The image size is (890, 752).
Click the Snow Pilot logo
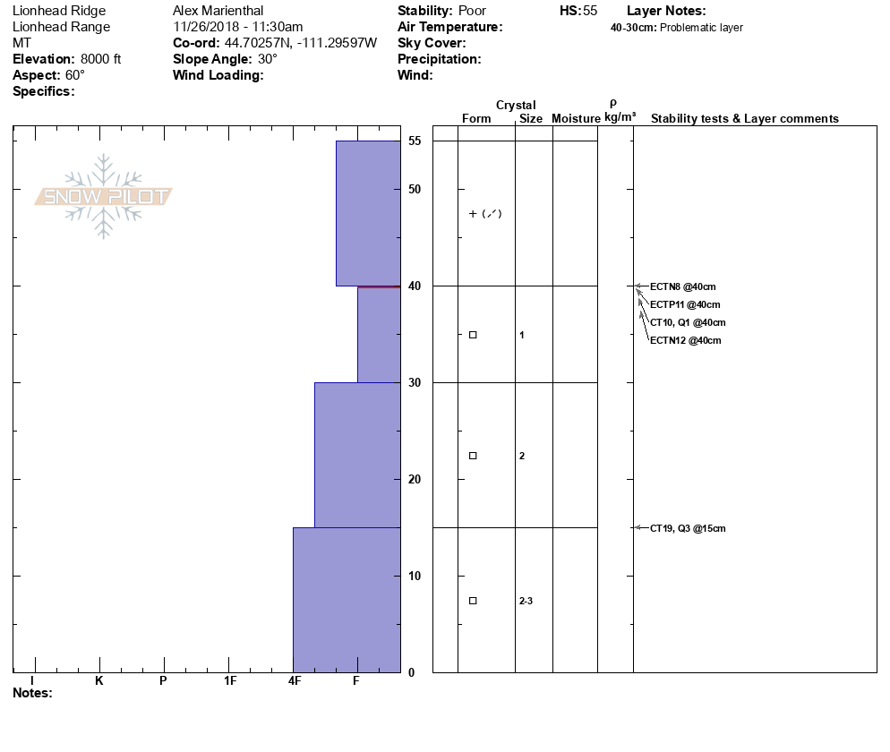(x=104, y=196)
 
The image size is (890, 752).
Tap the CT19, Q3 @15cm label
(x=688, y=528)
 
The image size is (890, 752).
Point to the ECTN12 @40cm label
(x=685, y=340)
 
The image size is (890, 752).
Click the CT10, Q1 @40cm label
(x=688, y=322)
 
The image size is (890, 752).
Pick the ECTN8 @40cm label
(x=683, y=286)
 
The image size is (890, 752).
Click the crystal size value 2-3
(x=526, y=601)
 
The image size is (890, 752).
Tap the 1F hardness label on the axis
(x=229, y=681)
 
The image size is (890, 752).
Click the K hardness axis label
(x=99, y=681)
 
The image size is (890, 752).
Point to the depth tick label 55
(x=415, y=141)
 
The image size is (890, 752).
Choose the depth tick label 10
(x=415, y=576)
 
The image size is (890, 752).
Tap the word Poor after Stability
(x=472, y=11)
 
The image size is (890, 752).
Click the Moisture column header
(x=576, y=119)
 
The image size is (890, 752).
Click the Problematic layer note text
(x=701, y=28)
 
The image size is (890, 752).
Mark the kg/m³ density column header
(x=620, y=118)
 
